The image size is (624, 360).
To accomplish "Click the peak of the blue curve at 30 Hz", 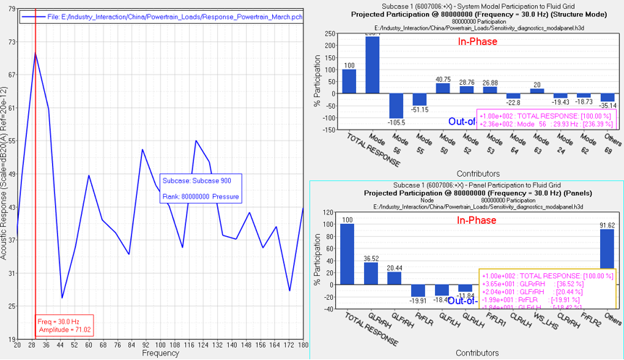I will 35,53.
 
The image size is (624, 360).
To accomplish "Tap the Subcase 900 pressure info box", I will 201,187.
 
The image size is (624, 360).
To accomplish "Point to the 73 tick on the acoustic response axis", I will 11,43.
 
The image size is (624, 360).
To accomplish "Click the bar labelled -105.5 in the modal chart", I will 396,105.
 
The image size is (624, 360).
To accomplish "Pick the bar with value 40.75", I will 443,88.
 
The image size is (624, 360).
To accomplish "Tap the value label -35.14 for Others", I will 607,105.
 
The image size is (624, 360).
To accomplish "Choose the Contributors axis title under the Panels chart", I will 477,353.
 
